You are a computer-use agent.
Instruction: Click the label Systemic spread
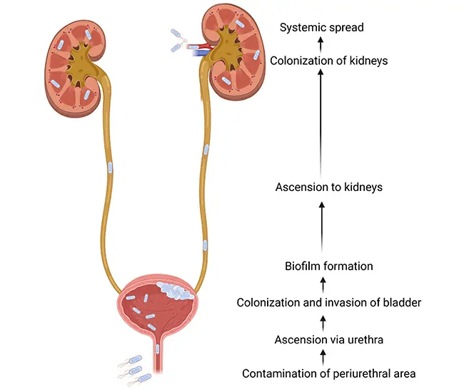click(x=321, y=28)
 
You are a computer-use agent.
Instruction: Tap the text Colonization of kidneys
click(x=328, y=61)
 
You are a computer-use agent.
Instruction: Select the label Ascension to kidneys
click(x=329, y=187)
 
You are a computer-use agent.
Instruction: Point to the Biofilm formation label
click(x=328, y=266)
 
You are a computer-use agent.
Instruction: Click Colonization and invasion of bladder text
click(x=328, y=303)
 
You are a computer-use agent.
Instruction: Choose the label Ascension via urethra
click(x=328, y=339)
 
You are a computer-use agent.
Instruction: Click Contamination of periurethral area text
click(x=328, y=373)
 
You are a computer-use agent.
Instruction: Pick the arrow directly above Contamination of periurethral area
click(x=321, y=356)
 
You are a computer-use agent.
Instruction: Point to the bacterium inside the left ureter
click(x=110, y=168)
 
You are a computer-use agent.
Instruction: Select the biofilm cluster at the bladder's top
click(x=171, y=289)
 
